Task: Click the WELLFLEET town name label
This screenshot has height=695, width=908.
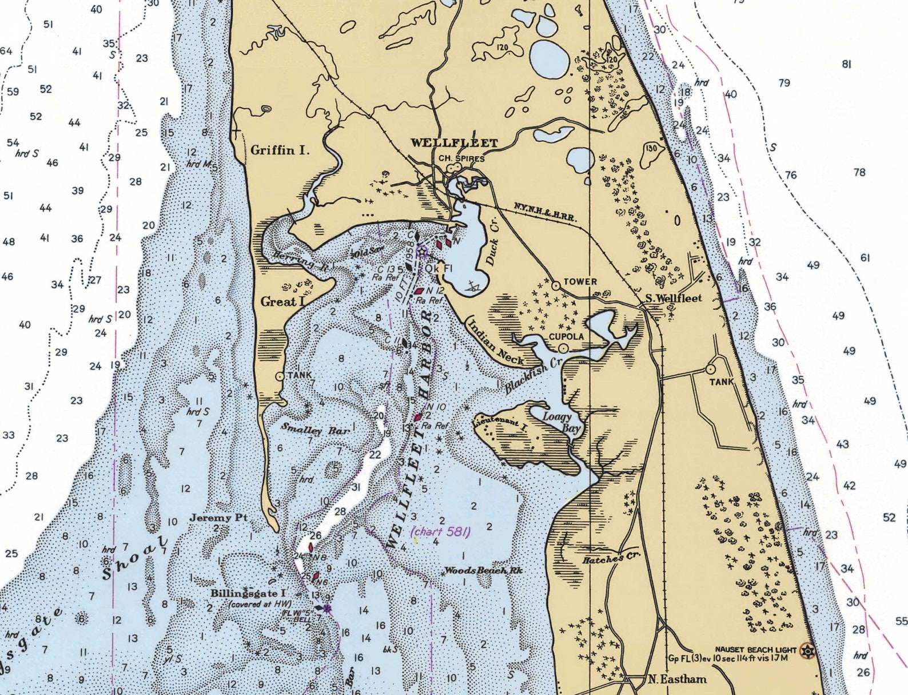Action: pos(454,143)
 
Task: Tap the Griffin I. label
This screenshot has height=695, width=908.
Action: pos(280,150)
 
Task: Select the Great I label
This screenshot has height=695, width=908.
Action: pos(283,301)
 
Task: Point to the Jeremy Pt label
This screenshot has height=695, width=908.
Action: pos(218,518)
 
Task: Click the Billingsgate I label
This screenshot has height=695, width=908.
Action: pos(248,593)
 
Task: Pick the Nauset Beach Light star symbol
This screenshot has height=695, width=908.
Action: pos(808,650)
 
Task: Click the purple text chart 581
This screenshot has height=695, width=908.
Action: pos(441,531)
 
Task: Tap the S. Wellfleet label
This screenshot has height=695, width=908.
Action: pos(673,298)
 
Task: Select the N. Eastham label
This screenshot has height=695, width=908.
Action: pos(677,679)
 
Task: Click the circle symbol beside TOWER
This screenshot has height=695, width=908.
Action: pos(555,285)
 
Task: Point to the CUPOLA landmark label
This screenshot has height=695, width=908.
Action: pos(566,336)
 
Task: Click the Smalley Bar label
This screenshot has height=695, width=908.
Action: pos(315,429)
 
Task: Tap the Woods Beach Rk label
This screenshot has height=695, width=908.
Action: pos(483,570)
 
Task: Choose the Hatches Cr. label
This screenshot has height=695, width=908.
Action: pos(611,558)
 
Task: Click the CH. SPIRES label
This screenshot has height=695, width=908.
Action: pos(461,158)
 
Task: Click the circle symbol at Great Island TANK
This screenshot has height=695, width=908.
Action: pos(280,376)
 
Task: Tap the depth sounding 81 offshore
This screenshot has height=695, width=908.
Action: pos(846,64)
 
